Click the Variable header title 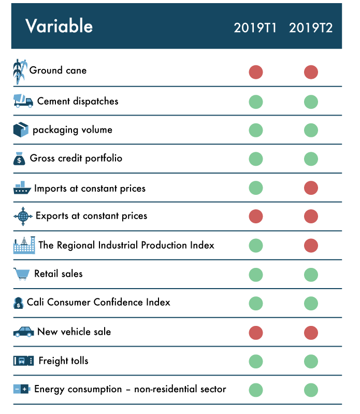(x=59, y=26)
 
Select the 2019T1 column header (x=256, y=28)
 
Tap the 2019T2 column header (x=311, y=28)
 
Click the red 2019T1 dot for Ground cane (x=256, y=72)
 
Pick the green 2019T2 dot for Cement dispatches (x=311, y=102)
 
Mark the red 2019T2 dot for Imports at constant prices (x=311, y=188)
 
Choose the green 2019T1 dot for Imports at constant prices (x=256, y=188)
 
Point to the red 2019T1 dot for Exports (x=256, y=216)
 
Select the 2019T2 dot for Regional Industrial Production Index (x=311, y=245)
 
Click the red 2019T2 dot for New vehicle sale (x=311, y=332)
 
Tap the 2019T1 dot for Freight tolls (x=256, y=361)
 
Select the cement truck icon (x=23, y=101)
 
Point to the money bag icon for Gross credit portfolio (x=20, y=159)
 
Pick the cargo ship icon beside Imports (x=22, y=188)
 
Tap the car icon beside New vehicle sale (x=23, y=332)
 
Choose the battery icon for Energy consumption (x=22, y=389)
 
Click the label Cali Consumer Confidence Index (x=98, y=302)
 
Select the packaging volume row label (x=73, y=130)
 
